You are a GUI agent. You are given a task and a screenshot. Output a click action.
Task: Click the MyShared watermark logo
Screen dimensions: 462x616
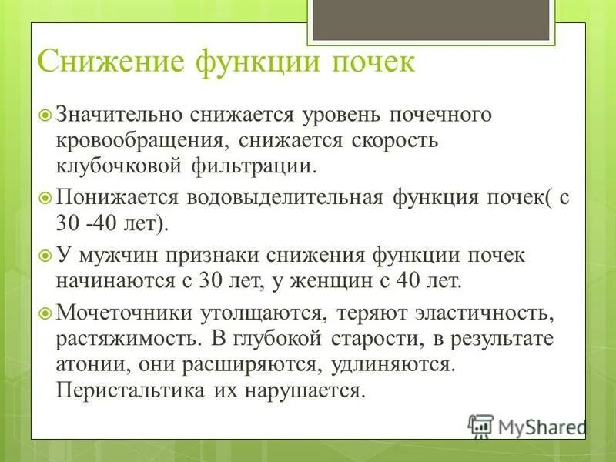tap(527, 426)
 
